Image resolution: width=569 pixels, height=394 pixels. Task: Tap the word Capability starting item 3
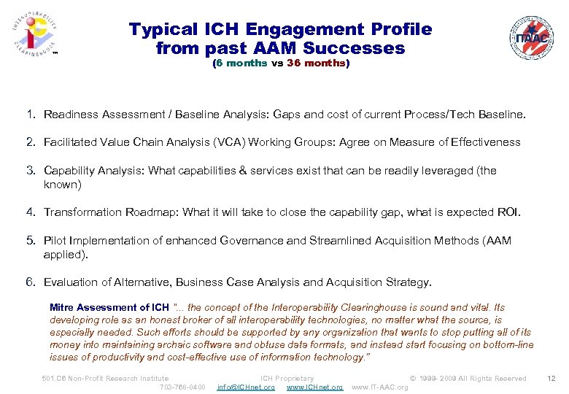point(70,171)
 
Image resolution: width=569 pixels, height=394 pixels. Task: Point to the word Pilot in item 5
point(55,240)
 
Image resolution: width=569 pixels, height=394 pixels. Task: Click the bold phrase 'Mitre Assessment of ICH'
point(109,308)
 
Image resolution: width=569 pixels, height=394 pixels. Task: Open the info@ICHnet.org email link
point(246,387)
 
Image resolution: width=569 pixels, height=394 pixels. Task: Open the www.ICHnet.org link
point(314,387)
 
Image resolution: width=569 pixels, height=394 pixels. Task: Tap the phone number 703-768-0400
point(182,387)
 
